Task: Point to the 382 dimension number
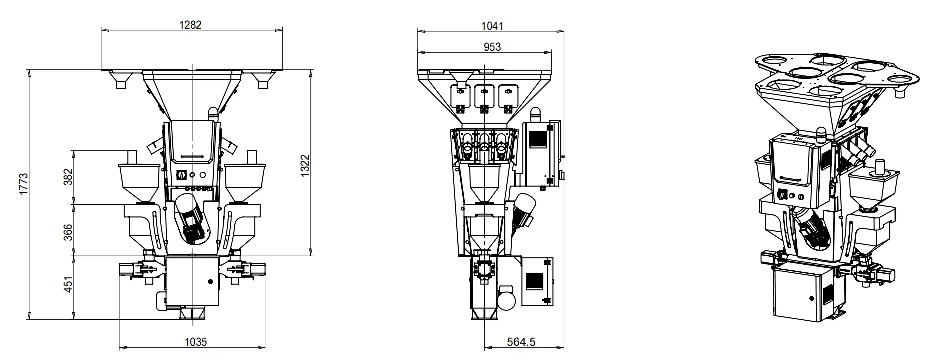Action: [x=68, y=176]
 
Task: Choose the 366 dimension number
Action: [x=68, y=232]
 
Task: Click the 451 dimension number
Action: [x=68, y=284]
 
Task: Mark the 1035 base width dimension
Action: [x=195, y=342]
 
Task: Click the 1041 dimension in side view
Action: [x=492, y=25]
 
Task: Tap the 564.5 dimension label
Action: [x=521, y=342]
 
